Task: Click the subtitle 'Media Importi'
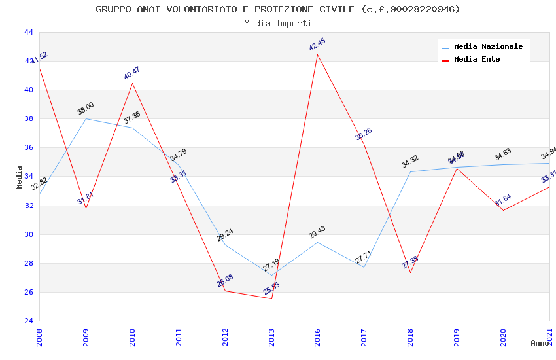coord(278,23)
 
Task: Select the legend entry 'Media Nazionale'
coord(488,46)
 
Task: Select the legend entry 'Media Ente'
coord(477,59)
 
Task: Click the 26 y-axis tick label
coord(29,292)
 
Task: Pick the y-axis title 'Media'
coord(20,177)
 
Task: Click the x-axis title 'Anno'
coord(540,343)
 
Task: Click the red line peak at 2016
coord(318,54)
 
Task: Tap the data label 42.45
coord(317,45)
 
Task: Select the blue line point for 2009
coord(86,118)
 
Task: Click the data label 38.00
coord(86,109)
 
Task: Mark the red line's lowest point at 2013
coord(271,298)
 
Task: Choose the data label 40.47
coord(132,73)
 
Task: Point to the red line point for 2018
coord(410,272)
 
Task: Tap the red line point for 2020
coord(503,210)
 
